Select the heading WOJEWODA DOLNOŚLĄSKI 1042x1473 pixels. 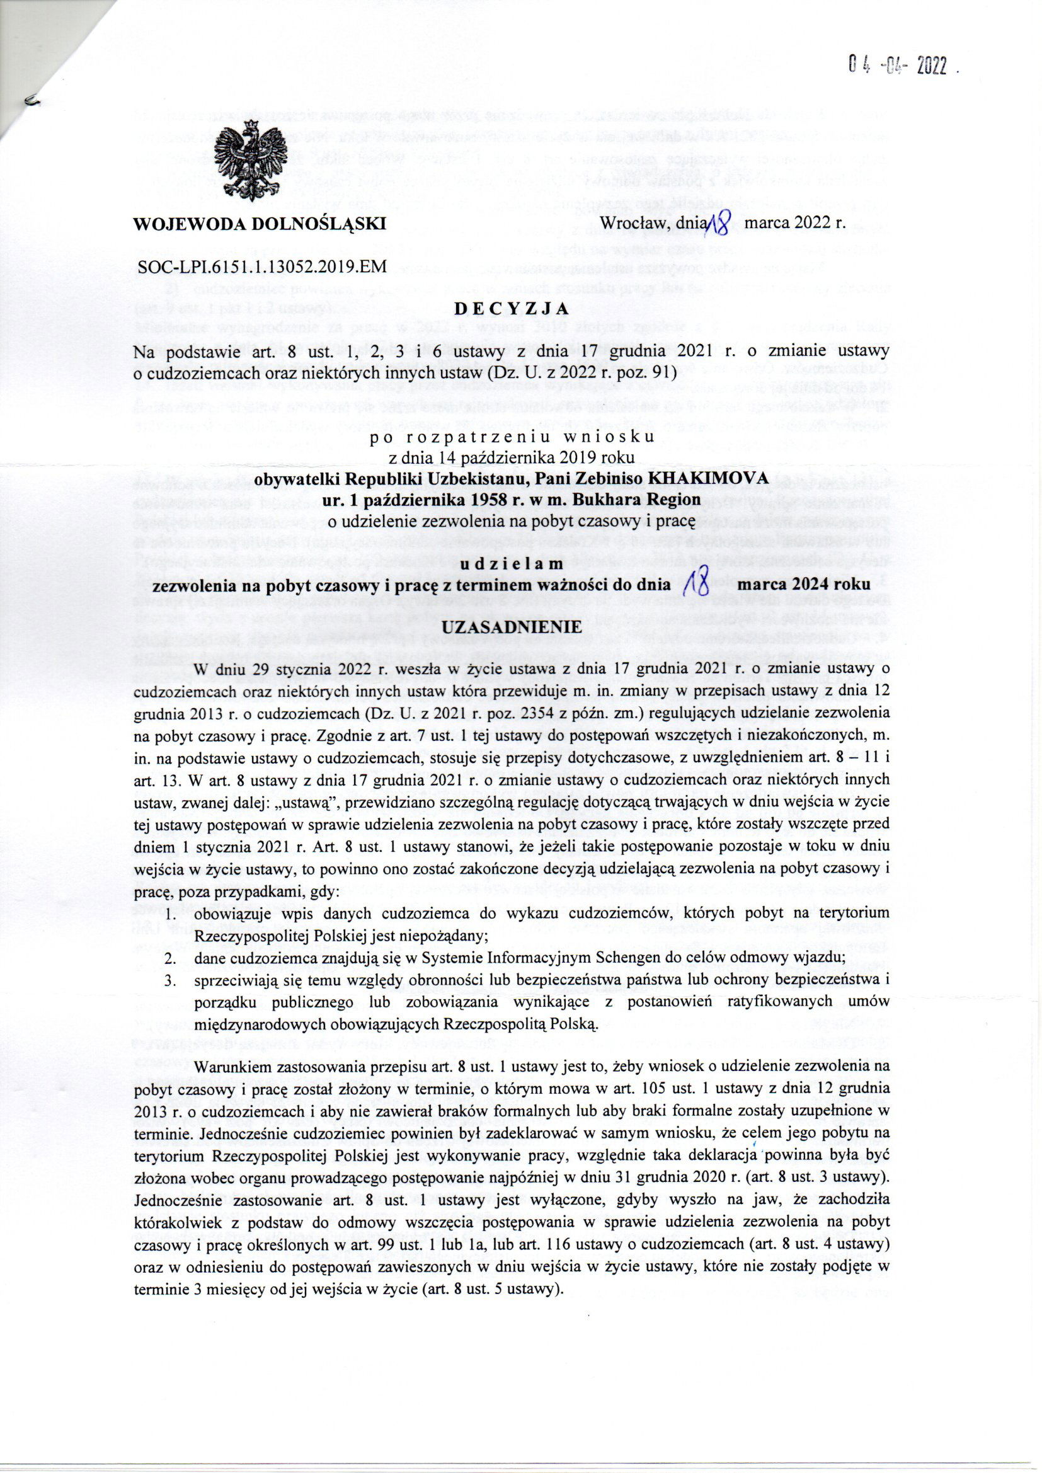[259, 224]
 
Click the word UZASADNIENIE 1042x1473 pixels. [512, 626]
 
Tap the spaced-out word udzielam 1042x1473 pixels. [512, 563]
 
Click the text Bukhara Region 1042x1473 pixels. [617, 499]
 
